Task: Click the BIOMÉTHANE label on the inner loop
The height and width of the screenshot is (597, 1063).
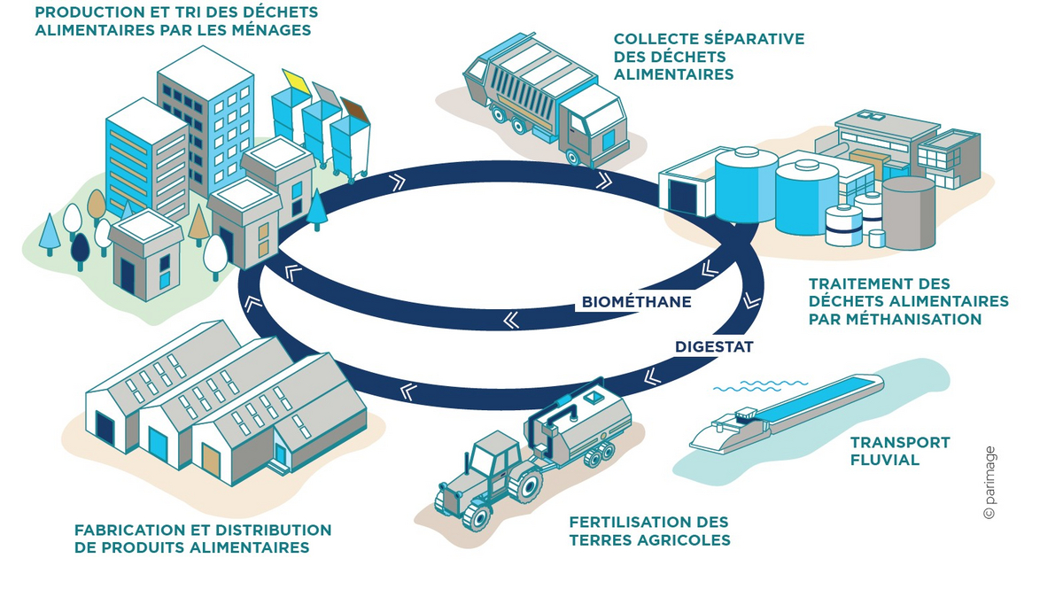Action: pos(636,302)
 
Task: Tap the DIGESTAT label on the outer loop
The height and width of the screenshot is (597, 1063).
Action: pos(714,347)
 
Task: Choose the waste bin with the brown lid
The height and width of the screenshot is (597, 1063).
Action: pos(351,133)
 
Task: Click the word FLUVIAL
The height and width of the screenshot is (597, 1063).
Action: pos(885,460)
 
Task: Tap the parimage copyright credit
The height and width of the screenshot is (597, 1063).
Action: pos(989,483)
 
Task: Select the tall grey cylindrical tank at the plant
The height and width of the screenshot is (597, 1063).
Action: pos(908,213)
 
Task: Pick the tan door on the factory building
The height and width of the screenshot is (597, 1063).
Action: pos(211,461)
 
